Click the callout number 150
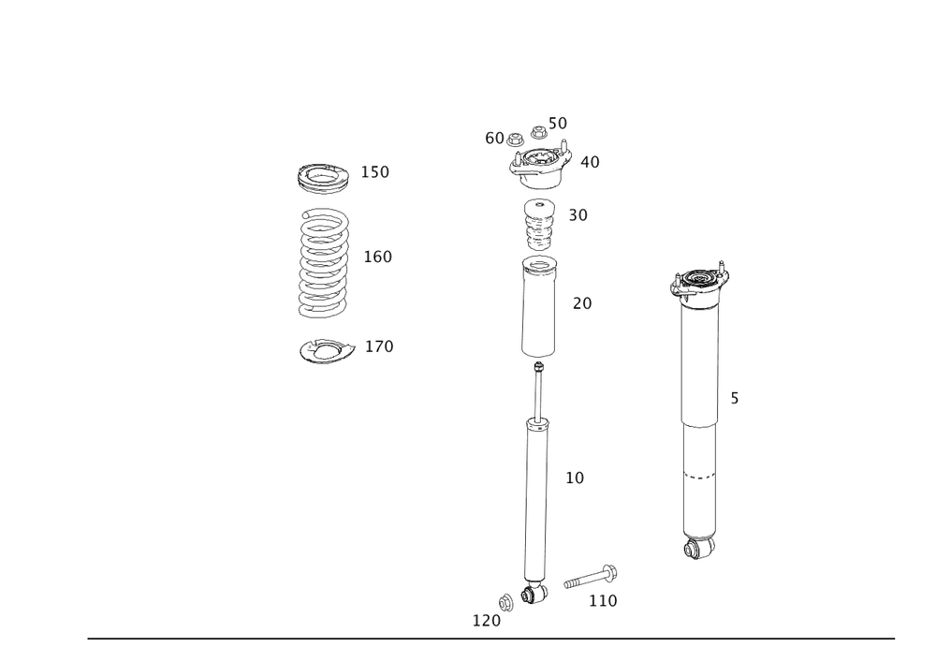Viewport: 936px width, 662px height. coord(376,172)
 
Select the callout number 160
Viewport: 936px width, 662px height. coord(377,256)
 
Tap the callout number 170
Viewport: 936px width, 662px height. coord(379,346)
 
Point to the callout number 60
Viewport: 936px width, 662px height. coord(494,138)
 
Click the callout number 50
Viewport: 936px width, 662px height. coord(558,123)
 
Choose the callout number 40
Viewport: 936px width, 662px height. coord(590,162)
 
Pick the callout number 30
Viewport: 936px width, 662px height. coord(578,215)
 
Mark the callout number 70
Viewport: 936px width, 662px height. coord(582,303)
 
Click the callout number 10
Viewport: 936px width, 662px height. coord(575,478)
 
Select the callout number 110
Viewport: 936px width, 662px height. coord(603,600)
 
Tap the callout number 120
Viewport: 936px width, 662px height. coord(486,620)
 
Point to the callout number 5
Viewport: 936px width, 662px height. coord(735,399)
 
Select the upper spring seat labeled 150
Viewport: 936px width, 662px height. coord(325,175)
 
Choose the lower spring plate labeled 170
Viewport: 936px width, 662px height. coord(325,350)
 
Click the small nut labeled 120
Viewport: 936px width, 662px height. coord(506,599)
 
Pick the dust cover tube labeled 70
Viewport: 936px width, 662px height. coord(538,309)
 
